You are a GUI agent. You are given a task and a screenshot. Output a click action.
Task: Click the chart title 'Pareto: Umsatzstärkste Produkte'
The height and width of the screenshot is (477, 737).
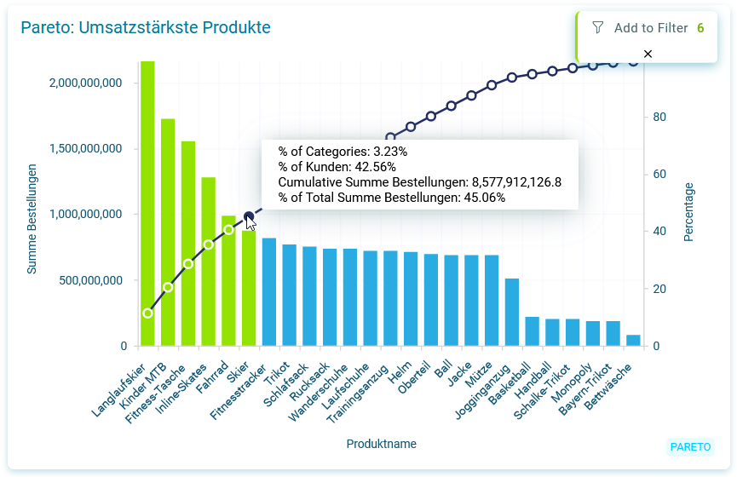click(146, 28)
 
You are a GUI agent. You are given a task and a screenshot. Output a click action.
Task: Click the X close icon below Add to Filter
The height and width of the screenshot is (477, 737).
click(648, 54)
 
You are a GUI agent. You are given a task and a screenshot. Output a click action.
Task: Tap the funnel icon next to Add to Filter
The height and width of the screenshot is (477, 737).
click(597, 28)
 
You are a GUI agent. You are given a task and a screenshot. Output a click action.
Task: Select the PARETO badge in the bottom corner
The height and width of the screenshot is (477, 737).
click(690, 446)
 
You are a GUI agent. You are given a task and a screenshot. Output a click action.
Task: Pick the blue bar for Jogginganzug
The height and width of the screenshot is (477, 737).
click(512, 312)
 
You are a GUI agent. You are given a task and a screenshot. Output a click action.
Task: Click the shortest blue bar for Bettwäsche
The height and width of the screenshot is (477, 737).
click(633, 340)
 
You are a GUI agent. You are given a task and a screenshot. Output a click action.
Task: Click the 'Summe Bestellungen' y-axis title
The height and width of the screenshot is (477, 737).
click(32, 219)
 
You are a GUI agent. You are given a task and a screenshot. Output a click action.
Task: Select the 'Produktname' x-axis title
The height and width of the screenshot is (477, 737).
click(381, 444)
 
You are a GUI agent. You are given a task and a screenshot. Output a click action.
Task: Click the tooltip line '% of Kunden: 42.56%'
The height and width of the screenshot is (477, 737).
click(337, 167)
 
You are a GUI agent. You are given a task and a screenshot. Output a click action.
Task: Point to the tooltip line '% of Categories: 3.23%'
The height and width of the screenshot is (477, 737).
click(343, 152)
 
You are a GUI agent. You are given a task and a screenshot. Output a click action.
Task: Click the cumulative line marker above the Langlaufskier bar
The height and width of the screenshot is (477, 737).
click(147, 313)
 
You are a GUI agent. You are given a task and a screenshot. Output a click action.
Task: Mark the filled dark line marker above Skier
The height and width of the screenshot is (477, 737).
click(249, 216)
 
